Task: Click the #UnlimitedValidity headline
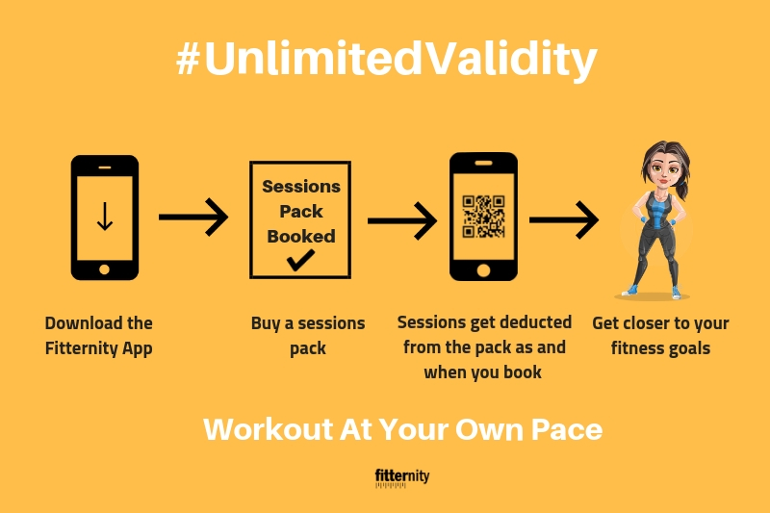(387, 60)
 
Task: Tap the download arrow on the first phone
(105, 216)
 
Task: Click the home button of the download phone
(104, 269)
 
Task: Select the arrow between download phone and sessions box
(193, 217)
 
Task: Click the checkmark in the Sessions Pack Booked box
(301, 260)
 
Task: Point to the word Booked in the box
(301, 236)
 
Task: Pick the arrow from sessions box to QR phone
(402, 220)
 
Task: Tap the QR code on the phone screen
(484, 217)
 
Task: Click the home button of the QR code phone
(483, 270)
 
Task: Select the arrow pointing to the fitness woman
(564, 220)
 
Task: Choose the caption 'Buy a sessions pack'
(308, 335)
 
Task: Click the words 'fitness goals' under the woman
(660, 348)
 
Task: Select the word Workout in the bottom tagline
(269, 429)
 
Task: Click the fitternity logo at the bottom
(402, 477)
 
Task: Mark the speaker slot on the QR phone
(484, 163)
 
